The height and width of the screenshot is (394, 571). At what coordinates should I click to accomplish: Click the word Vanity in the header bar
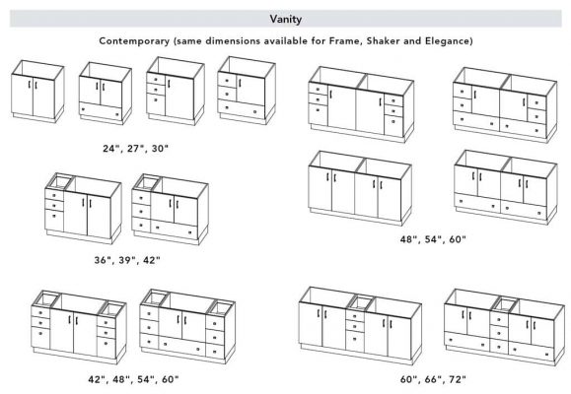[x=286, y=20]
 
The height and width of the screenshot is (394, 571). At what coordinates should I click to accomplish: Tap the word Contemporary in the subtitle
[x=134, y=41]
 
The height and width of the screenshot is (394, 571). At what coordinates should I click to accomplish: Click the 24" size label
[x=110, y=149]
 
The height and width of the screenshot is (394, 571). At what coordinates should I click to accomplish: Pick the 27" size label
[x=135, y=149]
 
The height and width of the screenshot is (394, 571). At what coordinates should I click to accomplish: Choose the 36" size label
[x=103, y=260]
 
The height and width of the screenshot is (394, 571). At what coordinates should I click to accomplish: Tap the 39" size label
[x=127, y=260]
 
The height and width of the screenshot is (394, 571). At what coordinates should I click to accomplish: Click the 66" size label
[x=433, y=379]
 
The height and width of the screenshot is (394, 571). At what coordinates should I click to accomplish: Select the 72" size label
[x=458, y=379]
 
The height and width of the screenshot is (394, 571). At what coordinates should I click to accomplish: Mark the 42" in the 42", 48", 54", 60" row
[x=96, y=379]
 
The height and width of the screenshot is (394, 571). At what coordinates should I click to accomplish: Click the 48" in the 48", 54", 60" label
[x=408, y=239]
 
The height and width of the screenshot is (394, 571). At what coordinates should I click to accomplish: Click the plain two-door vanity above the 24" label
[x=37, y=92]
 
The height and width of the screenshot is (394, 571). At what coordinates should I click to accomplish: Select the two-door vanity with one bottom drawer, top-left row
[x=106, y=94]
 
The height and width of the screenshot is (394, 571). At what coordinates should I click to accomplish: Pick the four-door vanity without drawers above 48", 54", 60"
[x=360, y=188]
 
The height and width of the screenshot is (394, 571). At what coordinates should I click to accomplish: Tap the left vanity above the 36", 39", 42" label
[x=83, y=208]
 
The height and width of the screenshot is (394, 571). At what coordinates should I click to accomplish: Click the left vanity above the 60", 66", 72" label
[x=360, y=326]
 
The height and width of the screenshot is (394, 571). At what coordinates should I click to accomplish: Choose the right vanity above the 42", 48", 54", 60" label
[x=187, y=326]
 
